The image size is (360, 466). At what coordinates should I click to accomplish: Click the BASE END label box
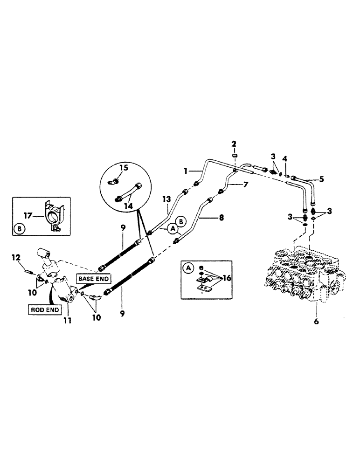pyautogui.click(x=94, y=279)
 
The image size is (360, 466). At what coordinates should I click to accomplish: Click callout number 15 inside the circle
pyautogui.click(x=124, y=167)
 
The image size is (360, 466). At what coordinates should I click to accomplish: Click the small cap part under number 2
pyautogui.click(x=235, y=156)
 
